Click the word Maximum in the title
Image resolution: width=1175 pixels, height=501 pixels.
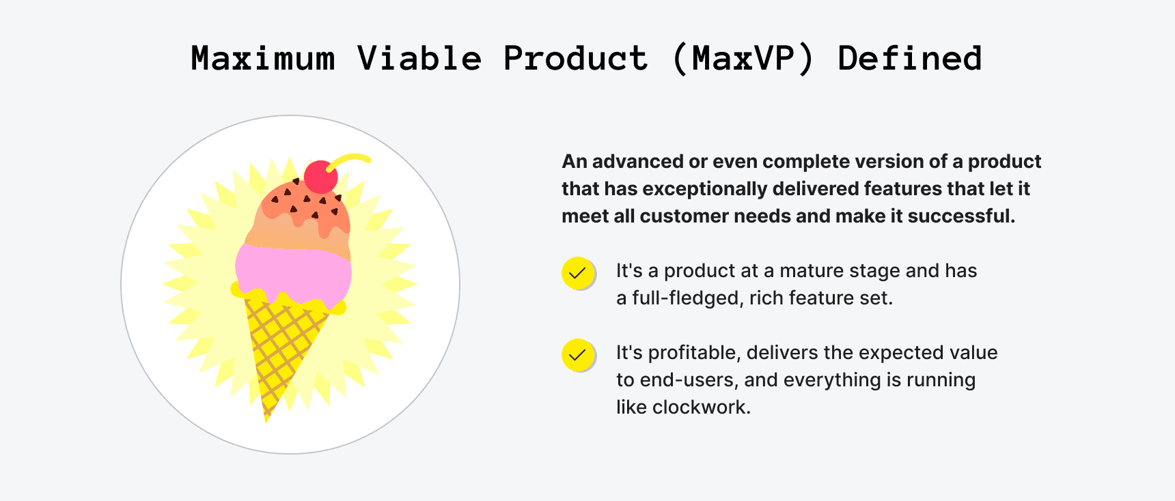point(263,59)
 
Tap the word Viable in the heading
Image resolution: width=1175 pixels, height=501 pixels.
point(419,59)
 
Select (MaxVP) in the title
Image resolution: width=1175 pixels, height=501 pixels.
point(743,59)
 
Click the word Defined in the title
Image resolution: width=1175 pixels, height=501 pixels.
point(909,59)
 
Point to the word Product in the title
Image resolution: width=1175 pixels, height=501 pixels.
point(575,59)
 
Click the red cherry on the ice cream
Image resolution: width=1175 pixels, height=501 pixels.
point(320,177)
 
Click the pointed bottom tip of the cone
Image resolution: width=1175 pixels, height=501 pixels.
point(267,418)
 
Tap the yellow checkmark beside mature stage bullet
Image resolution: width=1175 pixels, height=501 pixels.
point(578,273)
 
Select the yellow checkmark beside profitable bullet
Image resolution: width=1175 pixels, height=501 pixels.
point(578,355)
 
